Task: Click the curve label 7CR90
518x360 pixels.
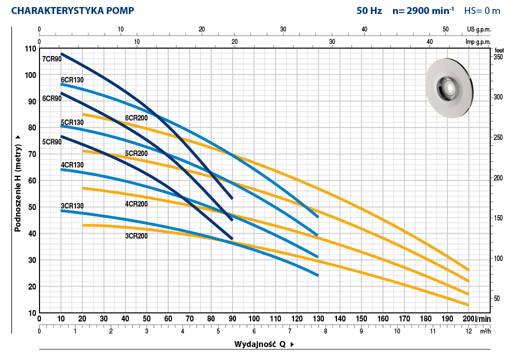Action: pyautogui.click(x=51, y=59)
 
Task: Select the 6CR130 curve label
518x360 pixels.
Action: pyautogui.click(x=72, y=80)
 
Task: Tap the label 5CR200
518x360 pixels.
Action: pyautogui.click(x=136, y=153)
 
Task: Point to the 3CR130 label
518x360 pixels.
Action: pyautogui.click(x=72, y=206)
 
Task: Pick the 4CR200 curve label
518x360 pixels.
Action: pyautogui.click(x=136, y=203)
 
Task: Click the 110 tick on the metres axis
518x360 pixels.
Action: pyautogui.click(x=30, y=48)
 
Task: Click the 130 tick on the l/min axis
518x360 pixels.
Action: pyautogui.click(x=318, y=318)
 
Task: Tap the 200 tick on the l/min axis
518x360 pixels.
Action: pyautogui.click(x=468, y=318)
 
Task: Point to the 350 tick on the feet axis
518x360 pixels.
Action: pyautogui.click(x=498, y=57)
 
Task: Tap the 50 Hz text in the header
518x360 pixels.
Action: pyautogui.click(x=369, y=10)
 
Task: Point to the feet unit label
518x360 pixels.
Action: pyautogui.click(x=499, y=50)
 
